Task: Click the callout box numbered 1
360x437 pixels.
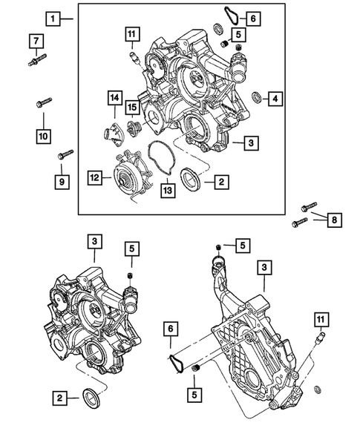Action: point(52,16)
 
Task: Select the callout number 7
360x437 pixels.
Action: point(36,39)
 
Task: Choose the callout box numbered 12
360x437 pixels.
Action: point(94,177)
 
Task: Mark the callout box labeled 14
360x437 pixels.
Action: point(115,97)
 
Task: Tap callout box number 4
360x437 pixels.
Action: point(275,97)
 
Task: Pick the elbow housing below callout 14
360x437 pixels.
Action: point(111,136)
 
